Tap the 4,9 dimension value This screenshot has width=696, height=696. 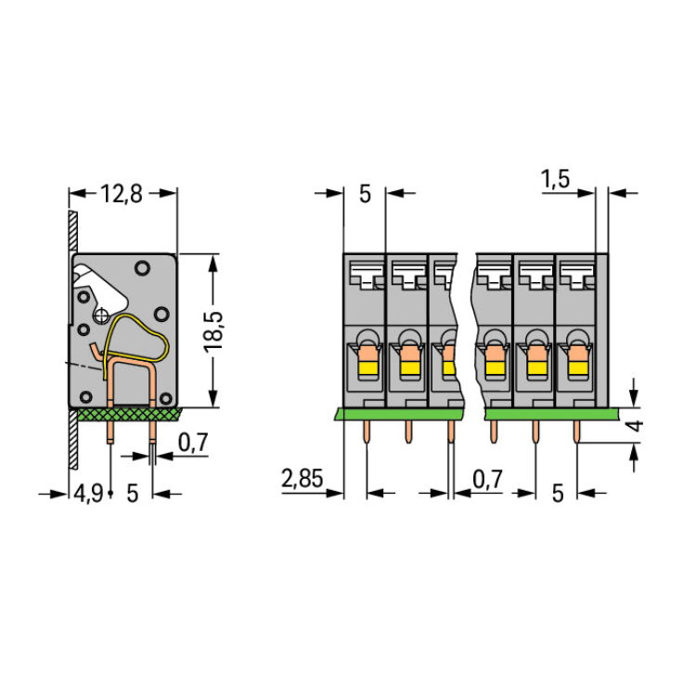tap(87, 493)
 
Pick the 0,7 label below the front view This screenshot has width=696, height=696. tap(489, 480)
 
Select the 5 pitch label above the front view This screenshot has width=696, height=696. tap(364, 194)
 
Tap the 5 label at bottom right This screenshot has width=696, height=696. tap(557, 493)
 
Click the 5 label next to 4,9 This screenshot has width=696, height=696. tap(132, 493)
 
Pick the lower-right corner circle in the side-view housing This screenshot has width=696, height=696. tap(165, 397)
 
